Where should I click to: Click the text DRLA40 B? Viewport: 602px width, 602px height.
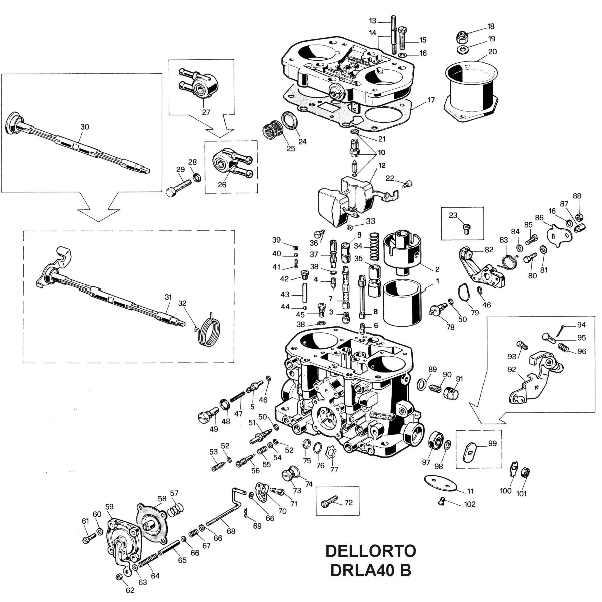370,570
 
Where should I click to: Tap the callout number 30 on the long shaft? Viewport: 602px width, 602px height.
85,127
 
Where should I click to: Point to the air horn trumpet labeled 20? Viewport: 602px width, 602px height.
471,90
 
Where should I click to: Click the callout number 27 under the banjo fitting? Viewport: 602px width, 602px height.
206,112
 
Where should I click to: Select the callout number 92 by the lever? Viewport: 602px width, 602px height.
512,370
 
